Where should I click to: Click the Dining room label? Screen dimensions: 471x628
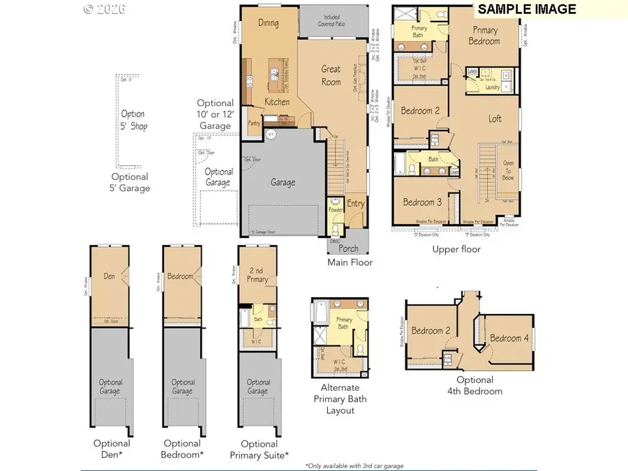coord(268,23)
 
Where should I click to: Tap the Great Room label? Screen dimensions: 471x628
coord(331,75)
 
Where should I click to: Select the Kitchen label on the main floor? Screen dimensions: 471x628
coord(277,103)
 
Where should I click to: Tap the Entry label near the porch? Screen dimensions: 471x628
coord(355,204)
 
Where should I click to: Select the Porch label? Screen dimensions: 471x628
coord(348,248)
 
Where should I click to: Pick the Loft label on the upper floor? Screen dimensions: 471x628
coord(495,119)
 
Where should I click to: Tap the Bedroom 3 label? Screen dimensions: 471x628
coord(421,202)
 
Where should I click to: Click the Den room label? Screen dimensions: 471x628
coord(110,276)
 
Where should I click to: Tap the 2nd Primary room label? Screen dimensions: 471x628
coord(257,275)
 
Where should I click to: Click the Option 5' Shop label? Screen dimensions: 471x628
coord(133,120)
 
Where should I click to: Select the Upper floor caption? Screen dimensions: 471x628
coord(456,249)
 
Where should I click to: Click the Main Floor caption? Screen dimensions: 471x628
coord(350,262)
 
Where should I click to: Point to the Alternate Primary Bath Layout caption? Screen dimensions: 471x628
coord(340,399)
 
